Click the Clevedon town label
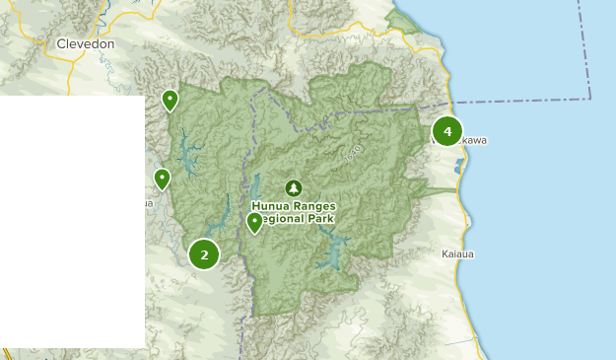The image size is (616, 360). click(x=86, y=44)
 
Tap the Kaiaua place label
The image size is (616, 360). click(x=457, y=253)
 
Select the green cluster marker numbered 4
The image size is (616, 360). click(x=447, y=131)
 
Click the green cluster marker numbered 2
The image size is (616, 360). click(x=204, y=254)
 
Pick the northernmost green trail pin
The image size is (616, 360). click(x=171, y=100)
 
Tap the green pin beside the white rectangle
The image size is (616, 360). click(x=162, y=179)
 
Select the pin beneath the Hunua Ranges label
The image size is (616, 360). click(x=254, y=222)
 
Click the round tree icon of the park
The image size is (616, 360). click(x=293, y=187)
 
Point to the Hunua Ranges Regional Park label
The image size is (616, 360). click(x=294, y=212)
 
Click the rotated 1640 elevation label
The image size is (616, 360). click(x=354, y=153)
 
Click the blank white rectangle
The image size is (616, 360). click(x=72, y=221)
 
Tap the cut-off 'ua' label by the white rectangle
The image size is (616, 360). click(x=149, y=204)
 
